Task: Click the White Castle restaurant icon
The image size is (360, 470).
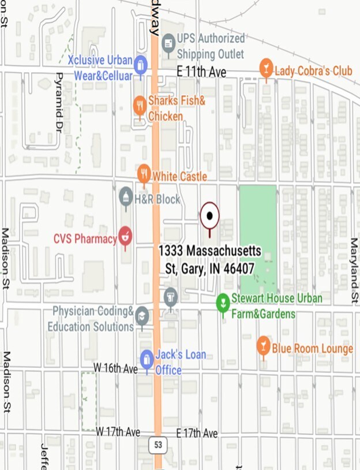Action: [x=144, y=174]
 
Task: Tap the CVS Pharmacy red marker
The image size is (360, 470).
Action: [x=125, y=236]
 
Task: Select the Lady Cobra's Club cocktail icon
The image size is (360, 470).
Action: [x=266, y=69]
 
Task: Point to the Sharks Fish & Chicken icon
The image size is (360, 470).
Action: [x=140, y=106]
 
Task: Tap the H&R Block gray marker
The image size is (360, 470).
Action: [x=126, y=197]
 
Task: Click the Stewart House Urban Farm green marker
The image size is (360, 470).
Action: [x=223, y=302]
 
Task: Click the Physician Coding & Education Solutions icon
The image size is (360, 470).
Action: [x=142, y=316]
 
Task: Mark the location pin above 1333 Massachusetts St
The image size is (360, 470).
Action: [x=209, y=217]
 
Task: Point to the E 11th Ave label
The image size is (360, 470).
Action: [x=201, y=72]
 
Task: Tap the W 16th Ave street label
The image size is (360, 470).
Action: [x=116, y=368]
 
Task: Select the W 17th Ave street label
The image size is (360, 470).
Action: [x=118, y=432]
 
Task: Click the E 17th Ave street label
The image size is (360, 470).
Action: [x=197, y=433]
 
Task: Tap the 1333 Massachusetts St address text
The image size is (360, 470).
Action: [x=210, y=259]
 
